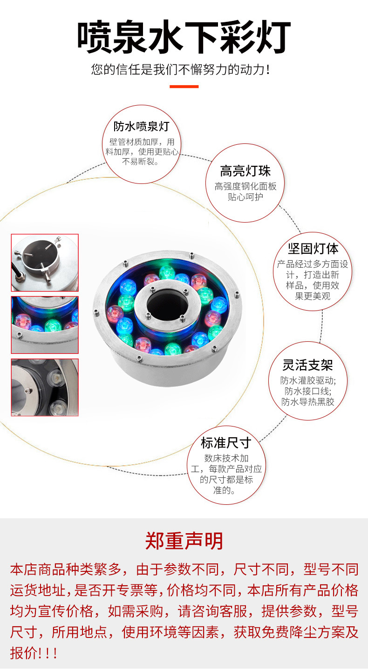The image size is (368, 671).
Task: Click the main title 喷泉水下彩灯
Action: point(184,37)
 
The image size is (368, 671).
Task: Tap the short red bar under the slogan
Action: point(184,87)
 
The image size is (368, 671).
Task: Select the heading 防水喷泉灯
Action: point(142,126)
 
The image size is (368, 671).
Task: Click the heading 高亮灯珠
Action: point(245,171)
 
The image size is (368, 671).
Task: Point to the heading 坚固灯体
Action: point(313,249)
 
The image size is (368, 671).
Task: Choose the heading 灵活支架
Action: point(308,365)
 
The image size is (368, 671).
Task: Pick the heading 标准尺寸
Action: point(226,443)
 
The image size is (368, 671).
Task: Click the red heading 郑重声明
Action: point(184,541)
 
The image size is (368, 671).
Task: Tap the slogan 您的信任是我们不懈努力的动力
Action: point(181,69)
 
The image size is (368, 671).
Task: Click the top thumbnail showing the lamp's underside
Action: point(45,263)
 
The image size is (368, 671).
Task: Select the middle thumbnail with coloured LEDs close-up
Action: point(45,325)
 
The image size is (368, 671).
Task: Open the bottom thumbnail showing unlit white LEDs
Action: point(45,387)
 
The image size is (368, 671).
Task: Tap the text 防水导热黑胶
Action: point(308,402)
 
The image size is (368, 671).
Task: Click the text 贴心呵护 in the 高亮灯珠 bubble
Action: point(245,197)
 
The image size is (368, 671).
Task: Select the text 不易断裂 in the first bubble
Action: point(138,162)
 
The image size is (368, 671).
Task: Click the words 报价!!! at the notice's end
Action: point(34,653)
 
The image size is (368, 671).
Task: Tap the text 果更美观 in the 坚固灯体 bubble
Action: point(313,296)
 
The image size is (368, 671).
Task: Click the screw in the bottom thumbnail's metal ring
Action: point(29,390)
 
